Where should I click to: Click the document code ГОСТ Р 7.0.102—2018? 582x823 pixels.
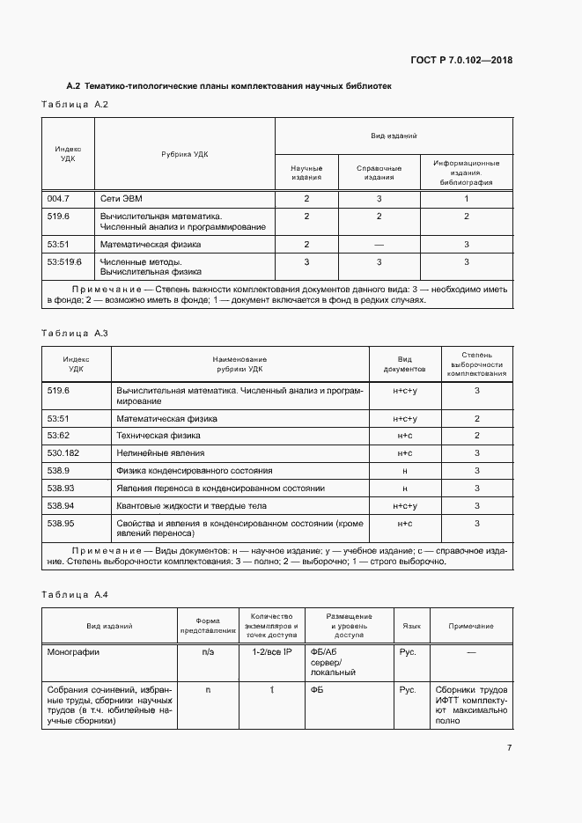[x=461, y=61]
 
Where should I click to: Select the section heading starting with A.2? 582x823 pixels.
[x=229, y=86]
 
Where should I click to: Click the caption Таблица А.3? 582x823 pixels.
[x=75, y=334]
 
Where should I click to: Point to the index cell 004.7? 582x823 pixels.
[x=58, y=199]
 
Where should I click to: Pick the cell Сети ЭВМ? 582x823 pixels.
[x=121, y=199]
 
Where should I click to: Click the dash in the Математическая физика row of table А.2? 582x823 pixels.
[x=379, y=244]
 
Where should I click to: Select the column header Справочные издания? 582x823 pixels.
[x=379, y=173]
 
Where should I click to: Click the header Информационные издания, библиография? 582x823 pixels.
[x=466, y=173]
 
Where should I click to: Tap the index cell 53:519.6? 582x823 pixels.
[x=64, y=261]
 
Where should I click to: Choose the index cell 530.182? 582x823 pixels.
[x=64, y=453]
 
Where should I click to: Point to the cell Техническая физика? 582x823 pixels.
[x=158, y=436]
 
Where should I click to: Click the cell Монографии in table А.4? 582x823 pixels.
[x=74, y=653]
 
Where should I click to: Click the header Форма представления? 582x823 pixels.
[x=208, y=626]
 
